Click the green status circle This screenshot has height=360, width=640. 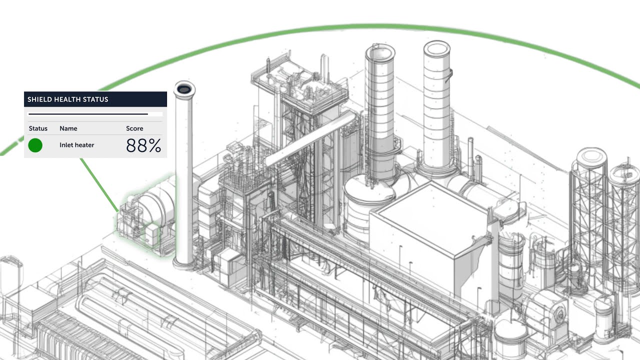35,145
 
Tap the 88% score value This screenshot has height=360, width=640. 143,145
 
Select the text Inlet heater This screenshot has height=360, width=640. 77,145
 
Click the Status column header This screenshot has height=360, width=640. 38,128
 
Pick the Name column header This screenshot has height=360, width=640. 68,128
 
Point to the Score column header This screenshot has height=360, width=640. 134,128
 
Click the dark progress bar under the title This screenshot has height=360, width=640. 88,114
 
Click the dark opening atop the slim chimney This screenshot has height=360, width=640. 184,89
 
